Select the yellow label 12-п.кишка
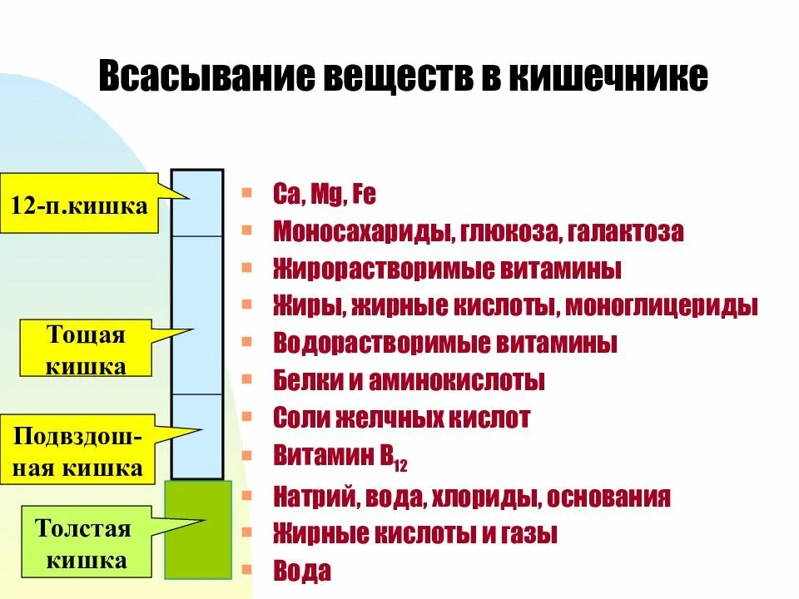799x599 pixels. click(80, 205)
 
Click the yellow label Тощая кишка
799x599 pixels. click(86, 350)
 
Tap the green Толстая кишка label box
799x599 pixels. click(86, 544)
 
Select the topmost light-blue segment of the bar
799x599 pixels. click(197, 203)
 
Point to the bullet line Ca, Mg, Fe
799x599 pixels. click(325, 196)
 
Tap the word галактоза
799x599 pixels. click(627, 232)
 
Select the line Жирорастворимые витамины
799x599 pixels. click(447, 270)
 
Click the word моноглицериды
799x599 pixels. click(663, 306)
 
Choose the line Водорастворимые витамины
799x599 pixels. click(444, 344)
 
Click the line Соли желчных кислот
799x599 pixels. click(401, 418)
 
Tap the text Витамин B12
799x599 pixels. click(340, 457)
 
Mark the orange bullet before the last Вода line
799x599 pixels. click(246, 571)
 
